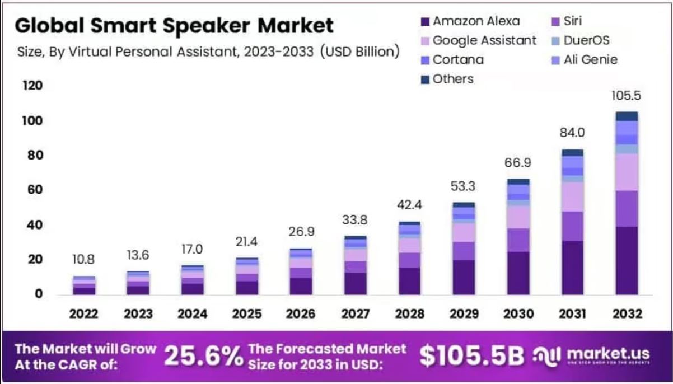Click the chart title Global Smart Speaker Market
174,25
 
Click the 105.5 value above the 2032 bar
626,96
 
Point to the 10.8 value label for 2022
83,260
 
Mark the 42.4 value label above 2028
409,205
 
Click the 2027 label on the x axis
356,313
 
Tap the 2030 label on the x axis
518,313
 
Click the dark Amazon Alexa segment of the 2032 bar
626,260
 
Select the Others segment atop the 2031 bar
572,152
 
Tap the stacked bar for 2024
192,280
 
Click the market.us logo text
607,354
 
